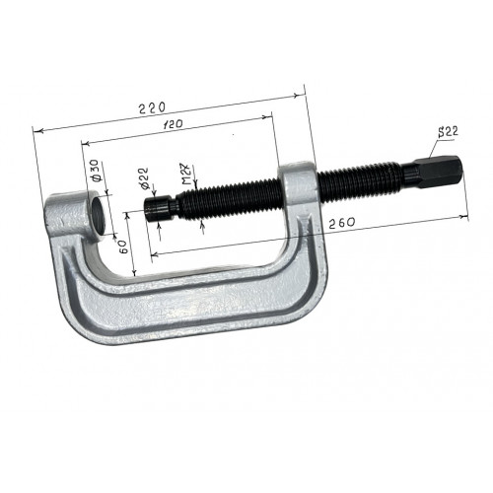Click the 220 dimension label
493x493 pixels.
pyautogui.click(x=152, y=107)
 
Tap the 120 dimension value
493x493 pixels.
pyautogui.click(x=173, y=124)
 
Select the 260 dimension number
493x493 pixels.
pyautogui.click(x=342, y=223)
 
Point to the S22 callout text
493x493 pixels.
pyautogui.click(x=448, y=132)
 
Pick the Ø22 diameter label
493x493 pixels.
pyautogui.click(x=144, y=178)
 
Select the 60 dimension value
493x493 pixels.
pyautogui.click(x=122, y=246)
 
